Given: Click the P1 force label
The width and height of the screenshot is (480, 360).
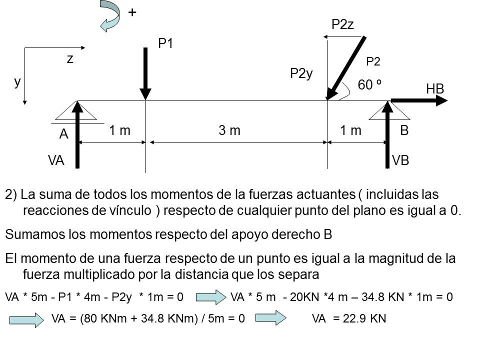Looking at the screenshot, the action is (x=165, y=44).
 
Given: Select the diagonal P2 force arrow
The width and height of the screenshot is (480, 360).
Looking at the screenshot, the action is (x=346, y=68).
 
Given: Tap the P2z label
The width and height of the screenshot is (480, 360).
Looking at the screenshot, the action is (x=343, y=25).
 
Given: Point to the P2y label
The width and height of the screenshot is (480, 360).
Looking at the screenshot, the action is (x=301, y=74).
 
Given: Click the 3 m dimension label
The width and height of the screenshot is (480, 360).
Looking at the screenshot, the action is (x=229, y=131).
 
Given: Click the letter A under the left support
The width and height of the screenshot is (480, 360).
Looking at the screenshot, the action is (x=63, y=134).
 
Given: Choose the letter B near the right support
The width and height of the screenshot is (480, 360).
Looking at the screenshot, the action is (x=404, y=131).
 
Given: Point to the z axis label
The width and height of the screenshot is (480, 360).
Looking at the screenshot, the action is (x=70, y=59).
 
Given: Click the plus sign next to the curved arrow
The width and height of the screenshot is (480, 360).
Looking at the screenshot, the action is (x=132, y=13).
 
